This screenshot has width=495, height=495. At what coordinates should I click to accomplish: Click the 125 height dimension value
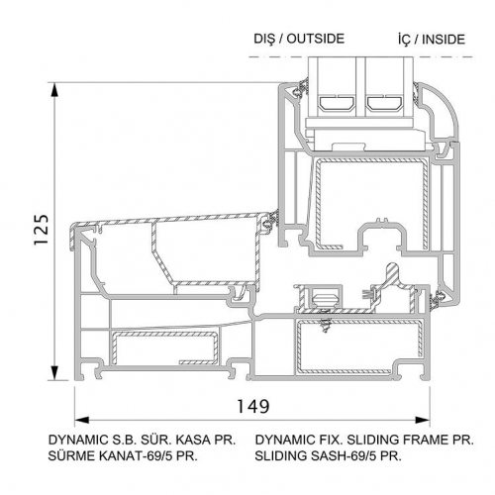[x=42, y=230]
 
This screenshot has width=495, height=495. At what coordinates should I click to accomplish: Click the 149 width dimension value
[x=253, y=406]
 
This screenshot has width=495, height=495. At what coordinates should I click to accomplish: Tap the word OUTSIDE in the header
[x=316, y=39]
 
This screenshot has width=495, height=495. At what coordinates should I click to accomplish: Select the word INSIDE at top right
[x=444, y=40]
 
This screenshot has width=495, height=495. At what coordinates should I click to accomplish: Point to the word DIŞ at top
[x=264, y=39]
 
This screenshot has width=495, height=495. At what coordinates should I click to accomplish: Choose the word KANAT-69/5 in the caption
[x=136, y=455]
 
